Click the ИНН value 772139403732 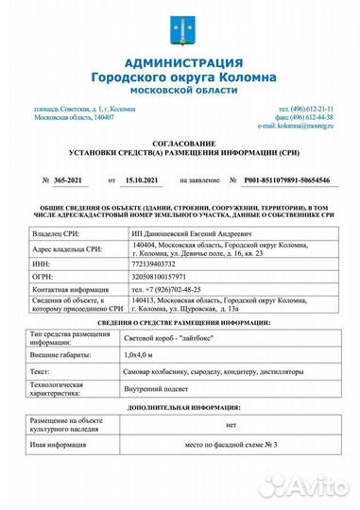click(x=153, y=263)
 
